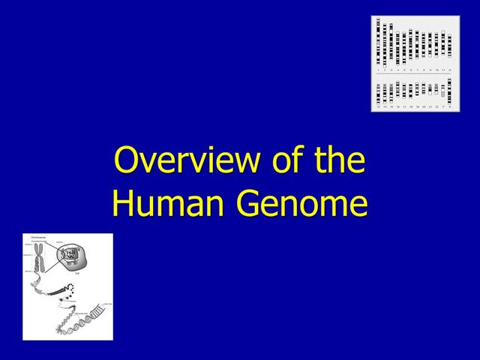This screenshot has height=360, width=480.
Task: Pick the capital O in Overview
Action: (126, 161)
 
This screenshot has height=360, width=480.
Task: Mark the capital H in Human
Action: (124, 203)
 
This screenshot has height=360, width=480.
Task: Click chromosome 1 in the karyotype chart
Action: (379, 42)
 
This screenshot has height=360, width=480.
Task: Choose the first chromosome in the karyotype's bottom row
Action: (379, 92)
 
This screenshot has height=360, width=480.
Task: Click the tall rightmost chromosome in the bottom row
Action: (449, 90)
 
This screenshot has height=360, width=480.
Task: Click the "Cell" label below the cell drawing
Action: (77, 274)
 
